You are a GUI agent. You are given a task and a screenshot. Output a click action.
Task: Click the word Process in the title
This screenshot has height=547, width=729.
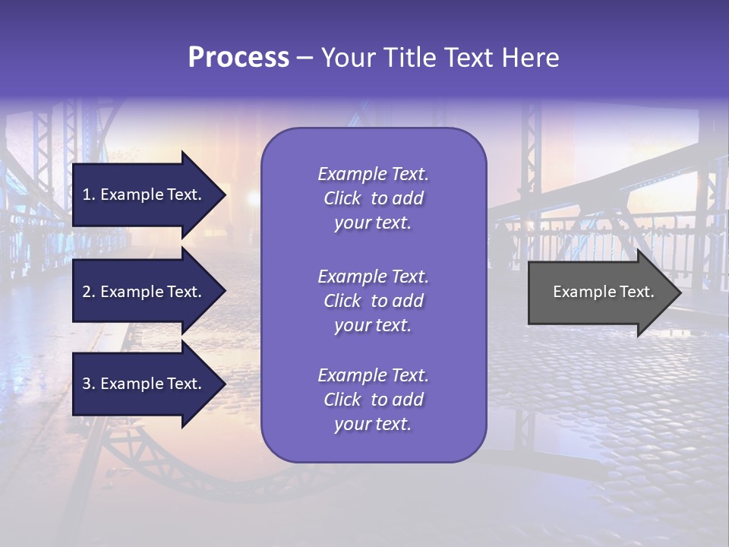pos(238,58)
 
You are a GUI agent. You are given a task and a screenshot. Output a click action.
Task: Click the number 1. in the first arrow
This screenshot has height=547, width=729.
pos(89,194)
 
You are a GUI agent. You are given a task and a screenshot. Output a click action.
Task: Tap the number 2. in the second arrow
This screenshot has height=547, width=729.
pos(89,292)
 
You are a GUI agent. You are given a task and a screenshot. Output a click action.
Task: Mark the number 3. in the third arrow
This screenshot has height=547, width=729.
pos(89,384)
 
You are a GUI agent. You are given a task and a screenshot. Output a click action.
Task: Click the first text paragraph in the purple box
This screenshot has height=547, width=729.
pos(373,198)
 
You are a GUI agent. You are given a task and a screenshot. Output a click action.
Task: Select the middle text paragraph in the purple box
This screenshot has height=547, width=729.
pos(373,301)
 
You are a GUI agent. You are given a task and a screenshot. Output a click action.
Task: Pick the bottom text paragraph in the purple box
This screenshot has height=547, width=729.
pos(373,400)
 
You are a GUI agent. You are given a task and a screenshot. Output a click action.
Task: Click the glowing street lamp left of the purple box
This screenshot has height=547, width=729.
pos(251,198)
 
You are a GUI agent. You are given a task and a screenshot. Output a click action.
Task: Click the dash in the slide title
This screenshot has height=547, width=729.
pos(305,58)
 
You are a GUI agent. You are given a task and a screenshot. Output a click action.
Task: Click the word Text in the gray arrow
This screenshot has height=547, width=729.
pos(638,292)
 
